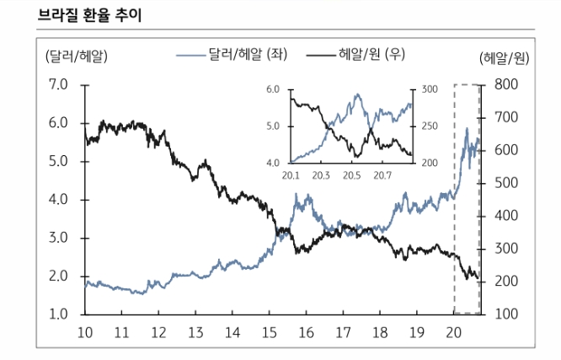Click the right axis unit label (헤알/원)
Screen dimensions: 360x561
[504, 57]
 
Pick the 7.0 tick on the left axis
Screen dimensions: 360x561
[59, 84]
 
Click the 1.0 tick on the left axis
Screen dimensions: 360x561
[59, 314]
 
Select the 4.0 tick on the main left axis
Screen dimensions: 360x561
[59, 200]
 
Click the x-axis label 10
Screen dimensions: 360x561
[85, 331]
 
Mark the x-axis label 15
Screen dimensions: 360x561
[269, 331]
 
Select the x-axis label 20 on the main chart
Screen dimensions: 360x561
[453, 331]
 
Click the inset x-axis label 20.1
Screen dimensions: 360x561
[291, 175]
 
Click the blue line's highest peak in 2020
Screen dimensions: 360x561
[467, 128]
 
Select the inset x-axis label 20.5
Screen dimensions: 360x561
[352, 175]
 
